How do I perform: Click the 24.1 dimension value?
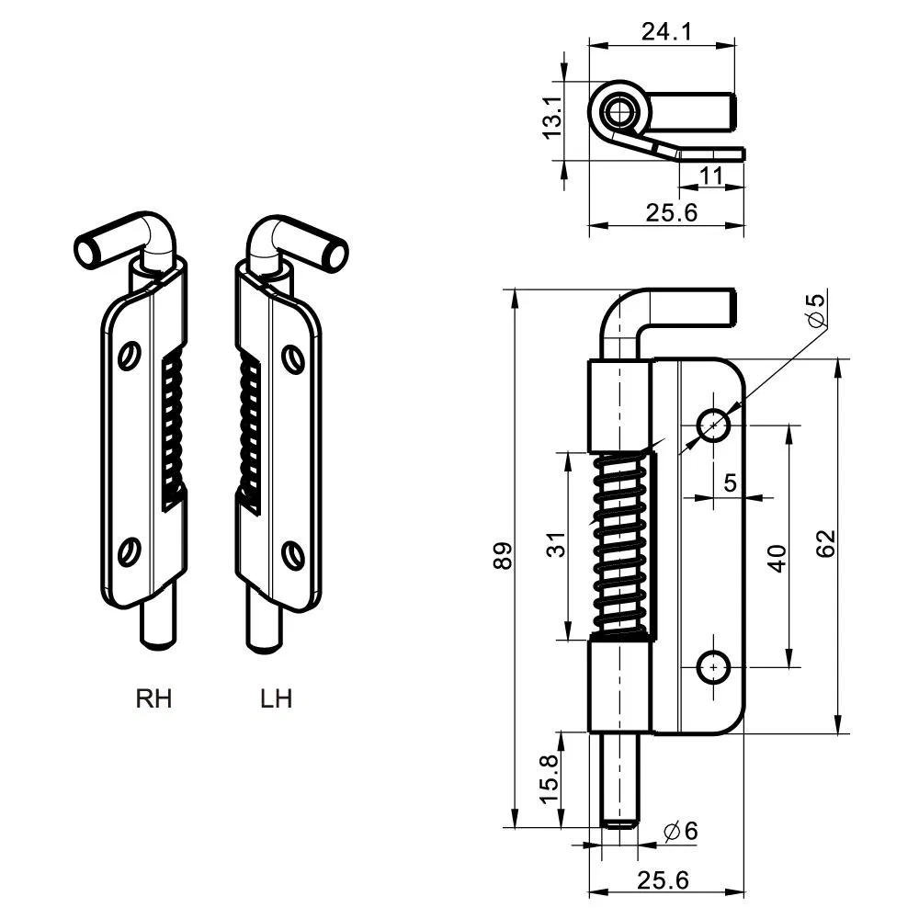click(666, 32)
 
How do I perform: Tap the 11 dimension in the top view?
click(710, 175)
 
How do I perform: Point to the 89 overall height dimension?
click(503, 558)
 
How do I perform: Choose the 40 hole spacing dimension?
click(777, 558)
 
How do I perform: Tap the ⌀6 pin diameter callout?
click(680, 831)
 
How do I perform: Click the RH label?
click(153, 698)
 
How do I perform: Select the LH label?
click(276, 698)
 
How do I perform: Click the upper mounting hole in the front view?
click(713, 425)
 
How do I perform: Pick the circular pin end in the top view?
click(618, 113)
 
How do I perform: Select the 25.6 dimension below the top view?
click(672, 212)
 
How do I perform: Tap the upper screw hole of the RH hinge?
click(130, 356)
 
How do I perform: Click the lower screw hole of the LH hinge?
click(291, 554)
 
